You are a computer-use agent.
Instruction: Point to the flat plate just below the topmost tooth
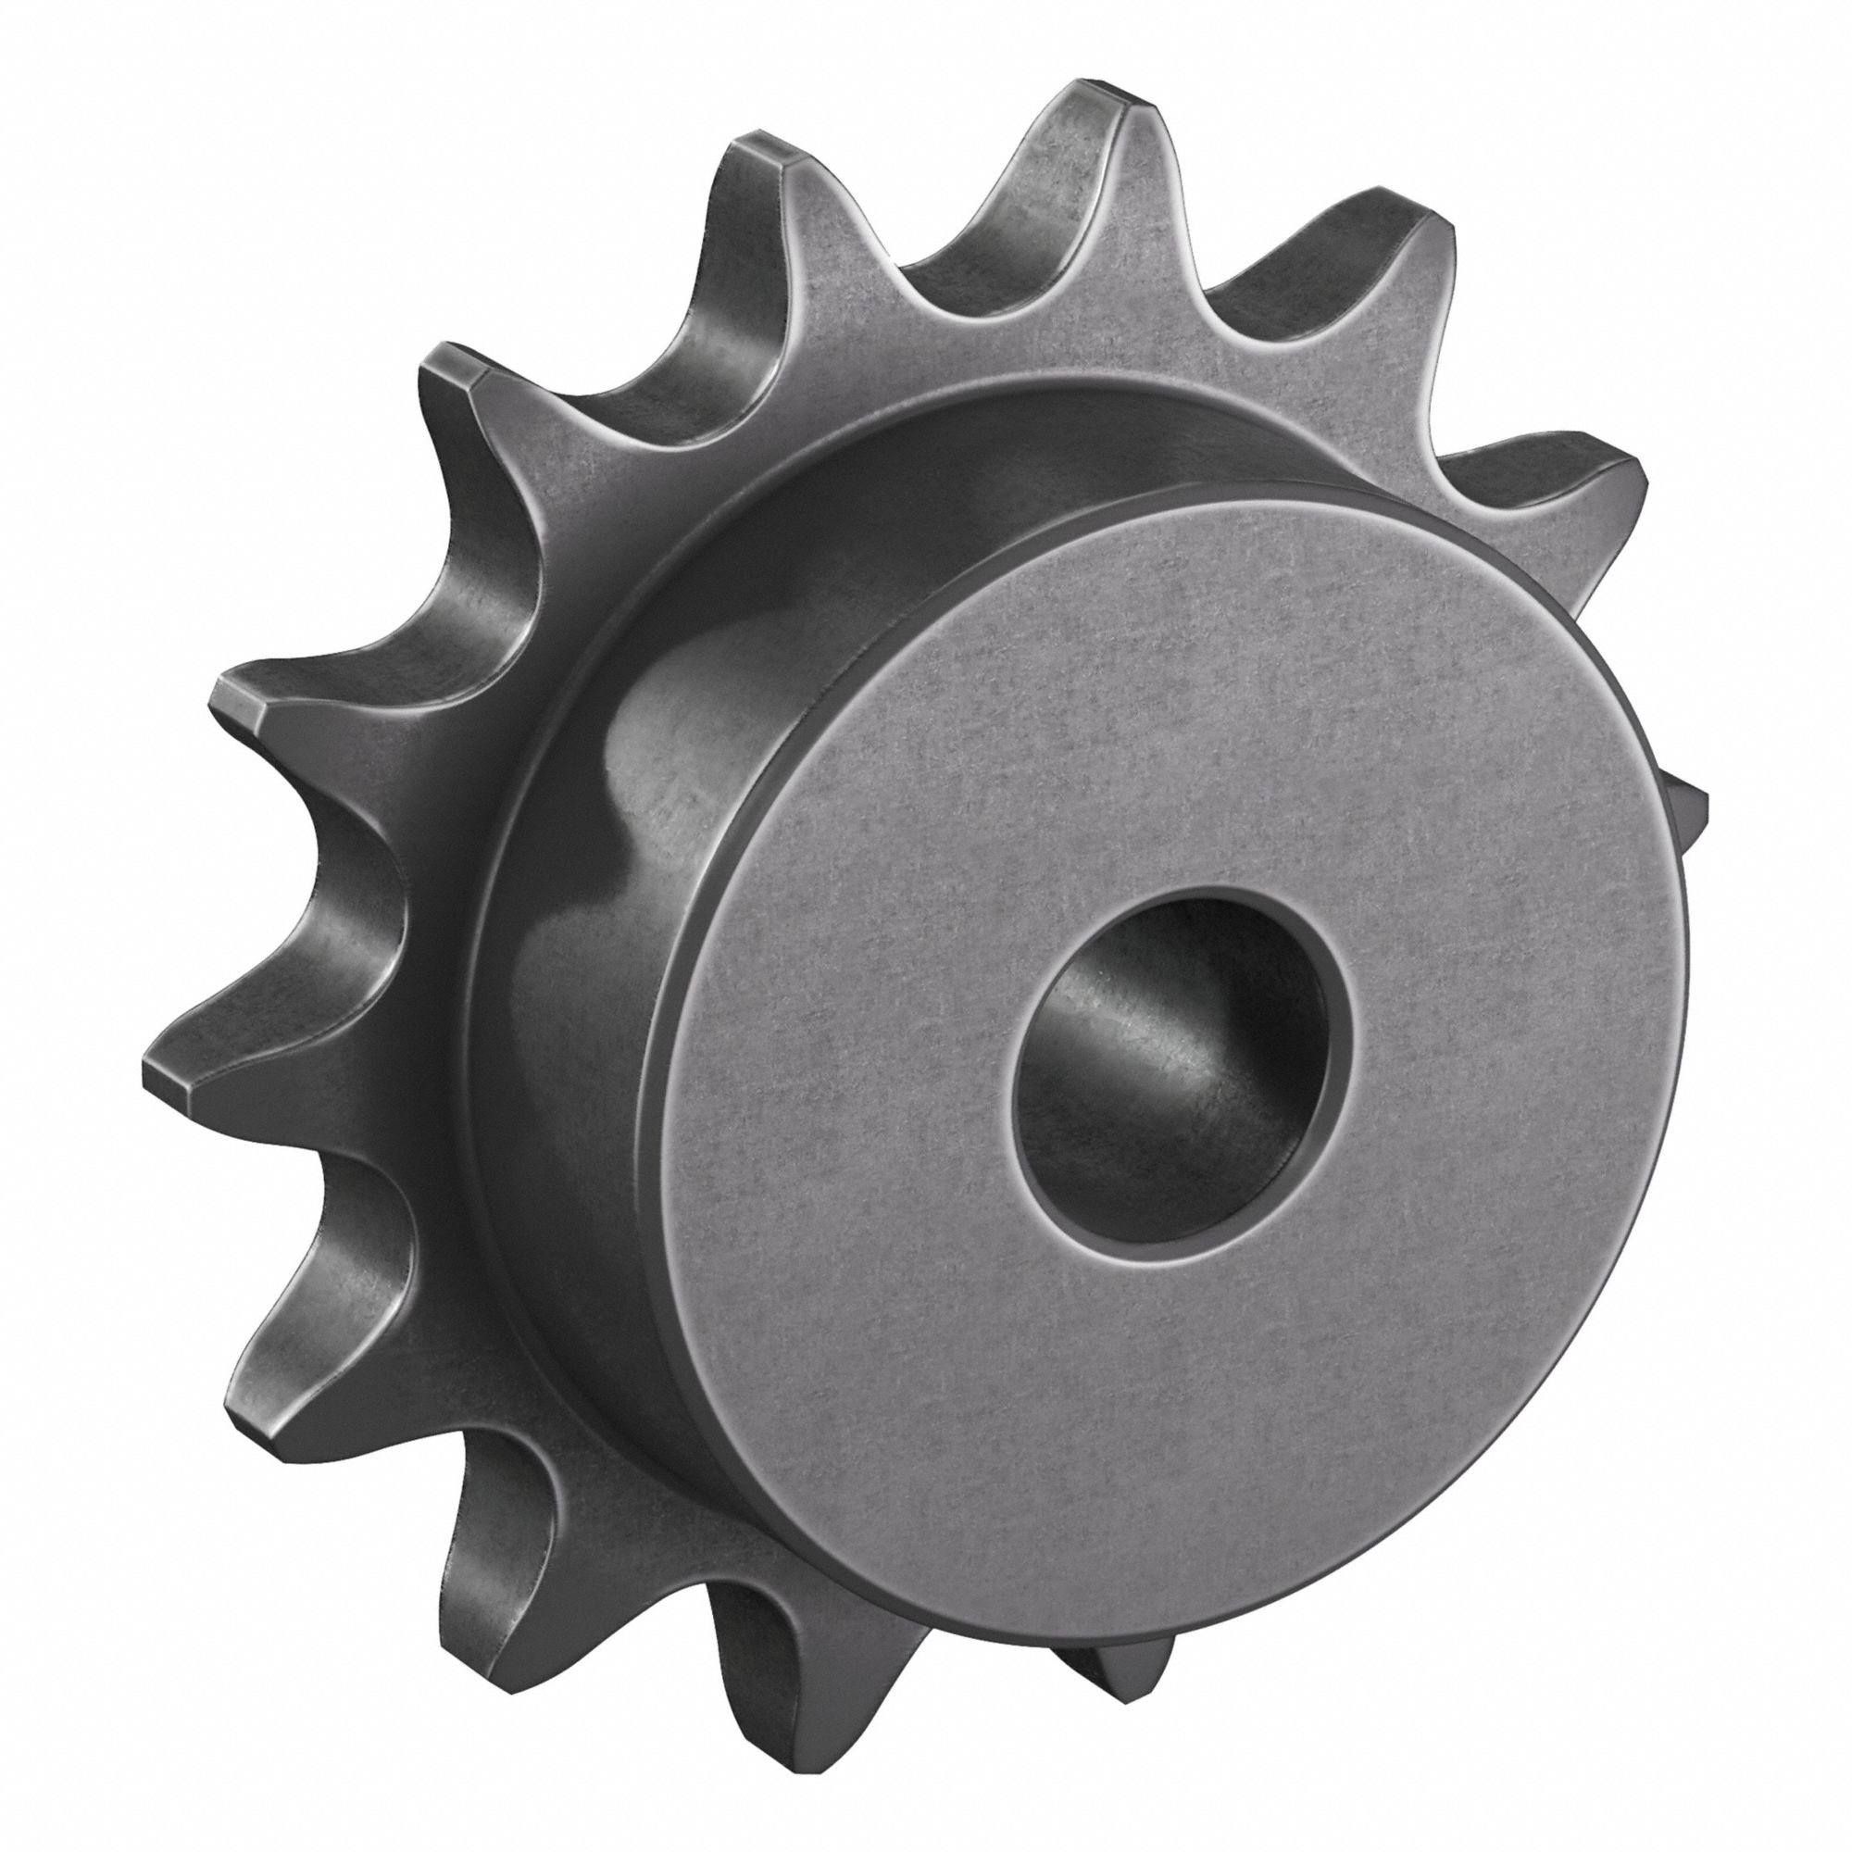click(1093, 317)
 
